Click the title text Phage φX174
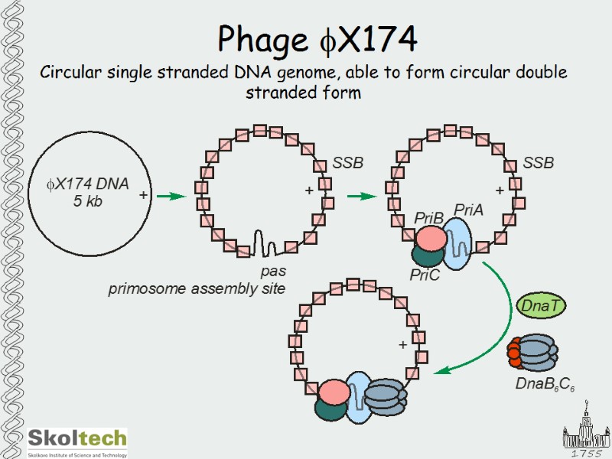point(317,38)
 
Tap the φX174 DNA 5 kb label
point(88,192)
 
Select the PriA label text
point(468,210)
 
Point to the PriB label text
point(428,219)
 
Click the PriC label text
point(425,275)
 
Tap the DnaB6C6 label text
point(545,383)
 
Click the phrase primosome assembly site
point(197,288)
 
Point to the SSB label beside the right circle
point(538,163)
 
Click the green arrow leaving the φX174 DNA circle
point(171,197)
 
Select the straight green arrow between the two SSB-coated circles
point(362,197)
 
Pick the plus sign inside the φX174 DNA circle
point(143,196)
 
